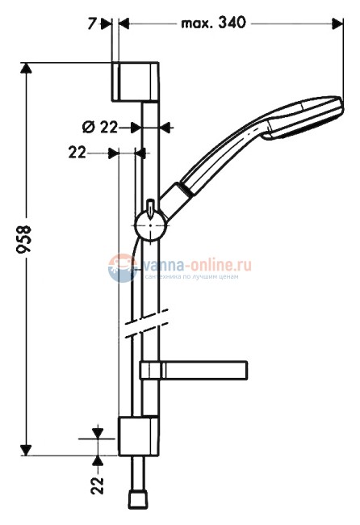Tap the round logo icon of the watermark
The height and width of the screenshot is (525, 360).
click(x=120, y=268)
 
